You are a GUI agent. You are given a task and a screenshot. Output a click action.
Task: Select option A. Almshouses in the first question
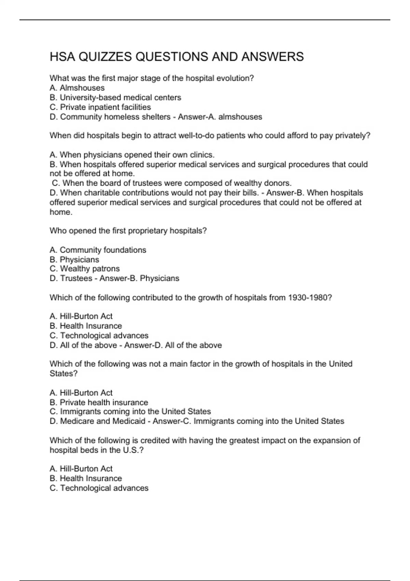[77, 88]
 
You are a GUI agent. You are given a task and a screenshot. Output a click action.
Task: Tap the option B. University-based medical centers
[115, 97]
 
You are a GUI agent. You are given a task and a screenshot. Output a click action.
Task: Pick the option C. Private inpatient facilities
[100, 107]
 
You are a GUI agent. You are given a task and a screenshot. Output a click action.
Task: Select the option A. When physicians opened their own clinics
[132, 155]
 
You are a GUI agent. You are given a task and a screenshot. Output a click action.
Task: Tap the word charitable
[102, 193]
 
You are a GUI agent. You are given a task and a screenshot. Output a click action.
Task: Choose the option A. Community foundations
[98, 250]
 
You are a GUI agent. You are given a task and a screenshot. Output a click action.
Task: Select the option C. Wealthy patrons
[85, 269]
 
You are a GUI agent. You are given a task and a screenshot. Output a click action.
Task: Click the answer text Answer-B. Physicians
[139, 278]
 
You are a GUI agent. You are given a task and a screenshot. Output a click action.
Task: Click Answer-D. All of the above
[173, 345]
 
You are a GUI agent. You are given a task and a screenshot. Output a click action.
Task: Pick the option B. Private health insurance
[99, 402]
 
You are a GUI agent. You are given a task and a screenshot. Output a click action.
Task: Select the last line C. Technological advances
[99, 488]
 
